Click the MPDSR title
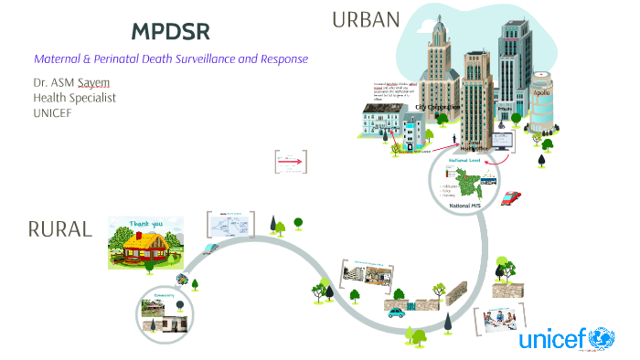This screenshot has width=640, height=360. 171,32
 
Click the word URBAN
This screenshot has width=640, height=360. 366,19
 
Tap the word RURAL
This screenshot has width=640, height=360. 60,229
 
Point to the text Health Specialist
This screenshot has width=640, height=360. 74,98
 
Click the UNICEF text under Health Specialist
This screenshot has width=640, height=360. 54,112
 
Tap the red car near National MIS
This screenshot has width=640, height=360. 512,196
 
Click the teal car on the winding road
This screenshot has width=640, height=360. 397,312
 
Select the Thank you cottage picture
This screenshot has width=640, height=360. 145,243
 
